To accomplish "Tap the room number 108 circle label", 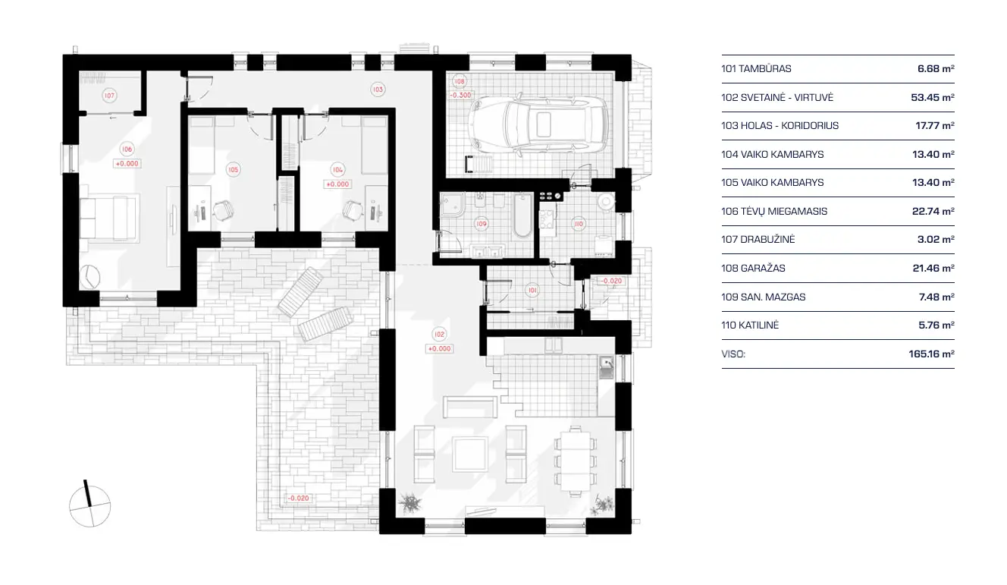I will (459, 82).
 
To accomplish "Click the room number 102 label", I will (438, 334).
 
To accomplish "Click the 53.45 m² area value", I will (932, 97).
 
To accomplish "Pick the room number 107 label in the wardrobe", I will (110, 96).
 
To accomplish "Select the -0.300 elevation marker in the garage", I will (460, 96).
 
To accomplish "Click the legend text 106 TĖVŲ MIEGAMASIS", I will (774, 211).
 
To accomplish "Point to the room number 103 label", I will (378, 90).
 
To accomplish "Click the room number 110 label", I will (579, 224).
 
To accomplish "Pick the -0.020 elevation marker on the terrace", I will (299, 499).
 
